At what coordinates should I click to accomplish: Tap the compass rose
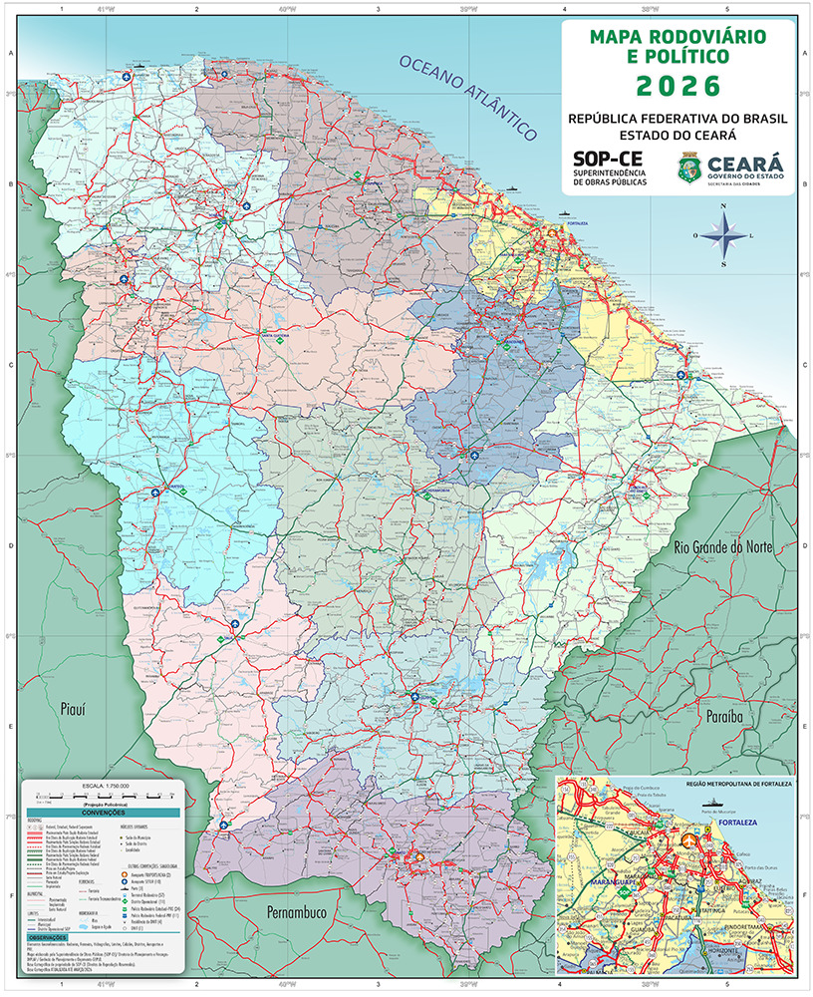point(724,235)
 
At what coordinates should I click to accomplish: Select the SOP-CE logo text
point(608,160)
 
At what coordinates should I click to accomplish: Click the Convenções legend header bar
point(103,814)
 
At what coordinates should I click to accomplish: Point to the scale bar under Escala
point(103,797)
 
